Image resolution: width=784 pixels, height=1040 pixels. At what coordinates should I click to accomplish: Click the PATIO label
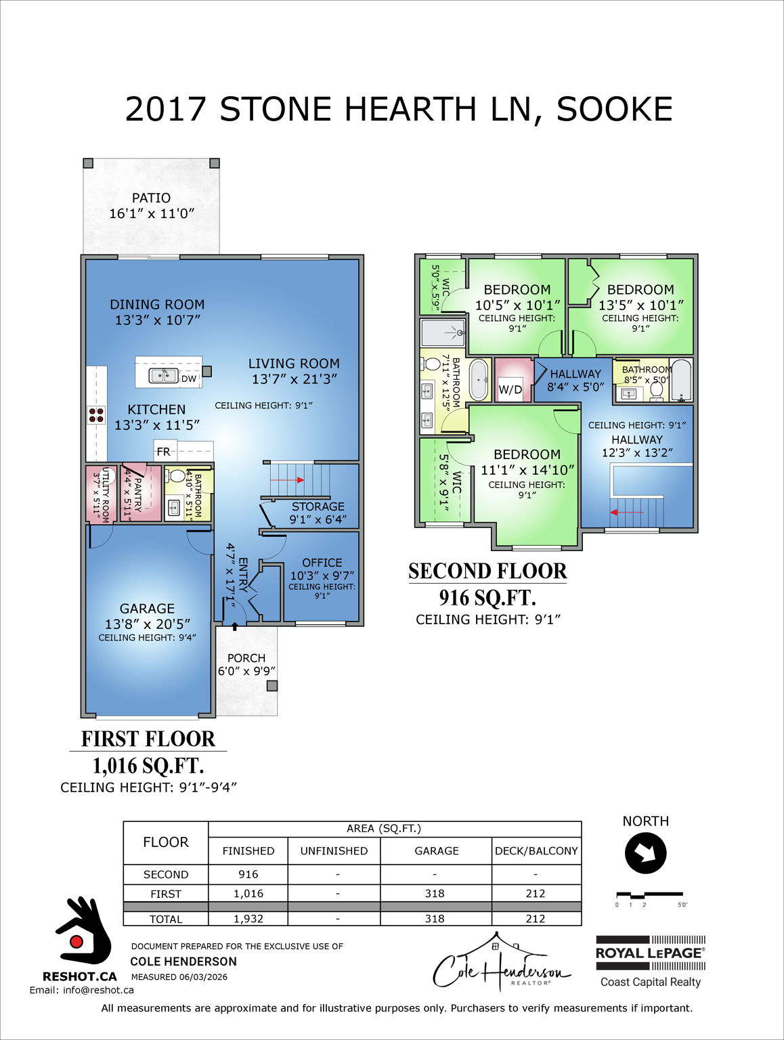(x=151, y=198)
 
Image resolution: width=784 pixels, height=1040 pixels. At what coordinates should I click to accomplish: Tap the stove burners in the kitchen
(x=96, y=415)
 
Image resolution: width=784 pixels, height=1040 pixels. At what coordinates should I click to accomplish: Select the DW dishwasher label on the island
(x=189, y=378)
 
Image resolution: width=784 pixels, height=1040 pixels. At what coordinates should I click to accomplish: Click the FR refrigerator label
(x=163, y=452)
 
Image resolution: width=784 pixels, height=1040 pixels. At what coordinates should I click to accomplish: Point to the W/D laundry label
(x=510, y=389)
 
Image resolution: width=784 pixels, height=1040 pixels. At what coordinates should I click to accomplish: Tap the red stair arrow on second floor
(x=627, y=513)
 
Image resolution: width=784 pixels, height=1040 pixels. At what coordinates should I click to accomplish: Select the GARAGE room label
(x=147, y=609)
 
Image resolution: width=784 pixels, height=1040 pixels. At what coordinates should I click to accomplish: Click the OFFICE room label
(x=322, y=563)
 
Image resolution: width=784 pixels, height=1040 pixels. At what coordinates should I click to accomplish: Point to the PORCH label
(x=246, y=658)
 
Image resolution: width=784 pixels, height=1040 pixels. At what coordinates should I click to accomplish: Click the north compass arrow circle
(x=645, y=853)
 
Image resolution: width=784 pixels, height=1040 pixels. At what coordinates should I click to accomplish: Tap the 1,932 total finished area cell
(x=248, y=919)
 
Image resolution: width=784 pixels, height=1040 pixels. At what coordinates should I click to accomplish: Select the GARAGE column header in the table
(x=436, y=851)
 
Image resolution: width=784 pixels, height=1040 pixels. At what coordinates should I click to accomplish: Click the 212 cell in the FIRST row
(x=536, y=894)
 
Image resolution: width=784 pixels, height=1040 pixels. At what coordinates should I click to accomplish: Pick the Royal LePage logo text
(x=649, y=953)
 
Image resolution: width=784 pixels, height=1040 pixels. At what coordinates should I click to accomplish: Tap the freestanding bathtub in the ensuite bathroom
(x=479, y=380)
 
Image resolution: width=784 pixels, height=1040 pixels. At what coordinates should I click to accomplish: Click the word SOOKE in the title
(x=614, y=109)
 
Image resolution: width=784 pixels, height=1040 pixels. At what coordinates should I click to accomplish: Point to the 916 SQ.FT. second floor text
(x=487, y=597)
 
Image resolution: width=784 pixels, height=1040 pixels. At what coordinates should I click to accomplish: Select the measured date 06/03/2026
(x=203, y=977)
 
